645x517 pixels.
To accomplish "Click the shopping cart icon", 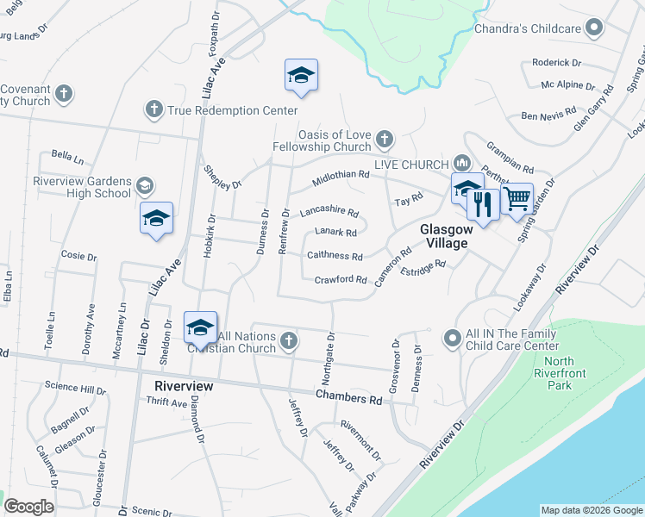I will pyautogui.click(x=517, y=199).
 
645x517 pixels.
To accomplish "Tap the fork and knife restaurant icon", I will pyautogui.click(x=483, y=204).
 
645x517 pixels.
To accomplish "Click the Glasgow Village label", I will pyautogui.click(x=445, y=236).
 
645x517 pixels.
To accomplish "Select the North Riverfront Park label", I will pyautogui.click(x=559, y=373).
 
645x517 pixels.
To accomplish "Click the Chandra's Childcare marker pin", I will pyautogui.click(x=593, y=28).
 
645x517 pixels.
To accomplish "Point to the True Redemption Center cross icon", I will pyautogui.click(x=153, y=109).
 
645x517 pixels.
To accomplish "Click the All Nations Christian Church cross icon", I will pyautogui.click(x=289, y=341).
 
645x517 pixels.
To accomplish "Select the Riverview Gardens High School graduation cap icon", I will pyautogui.click(x=145, y=185).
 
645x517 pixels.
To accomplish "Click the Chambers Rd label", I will pyautogui.click(x=348, y=400).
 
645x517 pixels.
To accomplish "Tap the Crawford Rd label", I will pyautogui.click(x=341, y=279).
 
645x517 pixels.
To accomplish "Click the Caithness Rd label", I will pyautogui.click(x=335, y=256).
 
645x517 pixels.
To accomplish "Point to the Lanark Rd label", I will pyautogui.click(x=335, y=232).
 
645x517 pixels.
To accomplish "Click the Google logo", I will pyautogui.click(x=28, y=507).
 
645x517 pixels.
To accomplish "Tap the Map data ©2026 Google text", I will pyautogui.click(x=592, y=510).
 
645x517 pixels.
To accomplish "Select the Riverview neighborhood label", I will pyautogui.click(x=184, y=386).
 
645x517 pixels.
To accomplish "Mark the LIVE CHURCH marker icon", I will pyautogui.click(x=460, y=164).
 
